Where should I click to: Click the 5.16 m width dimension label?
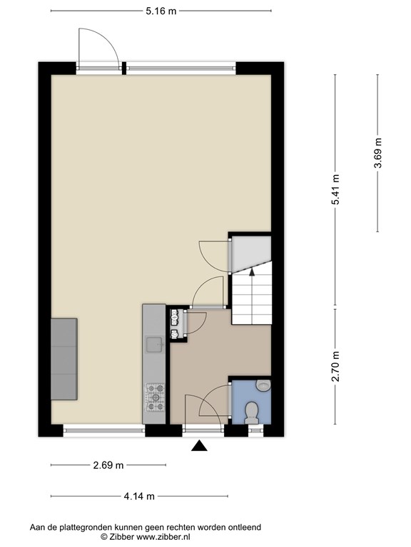[x=161, y=11]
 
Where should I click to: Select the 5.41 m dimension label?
[x=336, y=189]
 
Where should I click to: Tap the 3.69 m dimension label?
[x=377, y=153]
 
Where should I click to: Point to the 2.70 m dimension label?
[x=336, y=366]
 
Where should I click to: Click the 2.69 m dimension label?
[x=108, y=465]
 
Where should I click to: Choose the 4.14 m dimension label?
[x=139, y=496]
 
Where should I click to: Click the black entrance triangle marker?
[x=199, y=445]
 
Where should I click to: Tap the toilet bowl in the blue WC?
[x=252, y=412]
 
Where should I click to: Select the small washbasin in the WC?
[x=263, y=385]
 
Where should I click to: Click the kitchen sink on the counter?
[x=154, y=345]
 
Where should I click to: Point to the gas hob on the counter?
[x=155, y=397]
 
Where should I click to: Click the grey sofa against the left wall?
[x=64, y=359]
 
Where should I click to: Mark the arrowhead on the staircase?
[x=252, y=272]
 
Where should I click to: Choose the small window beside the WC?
[x=256, y=430]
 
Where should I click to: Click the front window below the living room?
[x=104, y=430]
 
